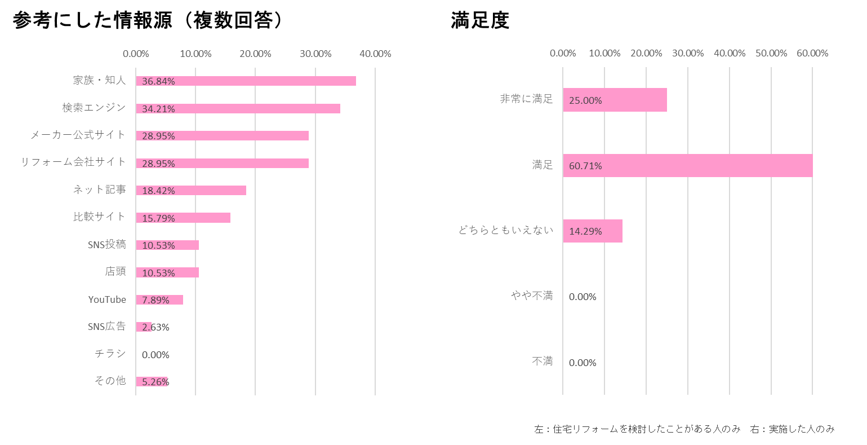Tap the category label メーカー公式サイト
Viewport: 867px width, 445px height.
tap(78, 135)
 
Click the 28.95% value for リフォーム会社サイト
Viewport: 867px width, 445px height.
tap(158, 164)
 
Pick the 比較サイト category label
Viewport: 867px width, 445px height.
tap(100, 217)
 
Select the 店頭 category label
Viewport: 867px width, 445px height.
tap(115, 271)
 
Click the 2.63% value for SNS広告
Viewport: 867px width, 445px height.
tap(155, 327)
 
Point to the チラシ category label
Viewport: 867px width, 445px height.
tap(110, 354)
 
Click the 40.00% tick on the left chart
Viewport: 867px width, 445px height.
tap(375, 54)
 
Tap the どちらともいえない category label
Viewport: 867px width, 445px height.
tap(506, 230)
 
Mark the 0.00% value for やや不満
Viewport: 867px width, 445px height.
tap(583, 297)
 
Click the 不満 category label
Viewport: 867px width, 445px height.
tap(543, 361)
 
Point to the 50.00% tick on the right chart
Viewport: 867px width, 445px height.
tap(771, 53)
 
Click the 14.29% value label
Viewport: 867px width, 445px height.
tap(585, 231)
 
